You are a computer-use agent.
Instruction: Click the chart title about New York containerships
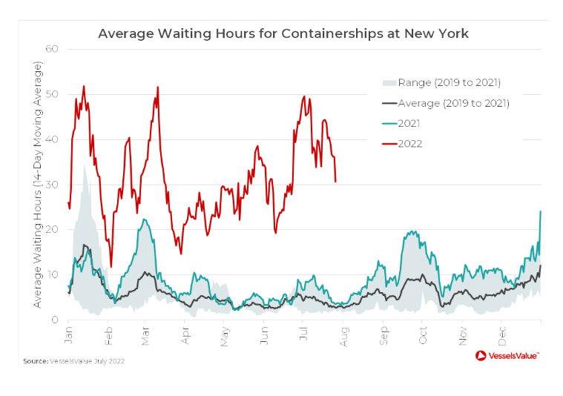pos(283,34)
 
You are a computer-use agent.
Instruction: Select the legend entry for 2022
pos(410,143)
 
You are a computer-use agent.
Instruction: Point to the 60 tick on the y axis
pos(53,49)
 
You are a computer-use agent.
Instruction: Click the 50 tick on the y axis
pos(53,94)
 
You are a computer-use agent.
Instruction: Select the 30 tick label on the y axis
pos(53,185)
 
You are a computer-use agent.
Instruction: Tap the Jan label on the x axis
pos(68,331)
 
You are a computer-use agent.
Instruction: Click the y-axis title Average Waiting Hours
pos(37,185)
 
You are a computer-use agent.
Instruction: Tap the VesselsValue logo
pos(507,356)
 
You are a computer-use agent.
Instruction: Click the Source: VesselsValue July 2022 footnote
pos(73,361)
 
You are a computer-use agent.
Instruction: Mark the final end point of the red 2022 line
pos(336,181)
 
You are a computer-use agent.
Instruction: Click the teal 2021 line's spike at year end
pos(540,211)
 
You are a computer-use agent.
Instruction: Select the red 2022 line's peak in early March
pos(157,88)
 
